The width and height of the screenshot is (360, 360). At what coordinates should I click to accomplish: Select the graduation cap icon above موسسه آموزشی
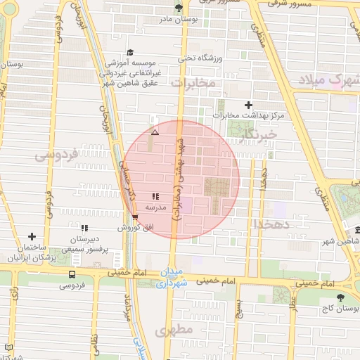tap(129, 53)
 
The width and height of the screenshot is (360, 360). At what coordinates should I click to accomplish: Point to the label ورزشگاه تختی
tap(199, 59)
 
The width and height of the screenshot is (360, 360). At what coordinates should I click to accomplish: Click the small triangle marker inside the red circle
tap(155, 131)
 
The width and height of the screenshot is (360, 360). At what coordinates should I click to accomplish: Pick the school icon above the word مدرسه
tap(155, 197)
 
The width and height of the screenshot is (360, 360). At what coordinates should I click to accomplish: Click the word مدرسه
tap(155, 208)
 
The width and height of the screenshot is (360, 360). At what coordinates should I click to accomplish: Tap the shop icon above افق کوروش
tap(134, 217)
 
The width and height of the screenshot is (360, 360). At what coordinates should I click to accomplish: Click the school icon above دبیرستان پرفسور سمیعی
tap(84, 228)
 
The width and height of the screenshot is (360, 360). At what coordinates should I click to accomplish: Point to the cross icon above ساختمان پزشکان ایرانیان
tap(31, 237)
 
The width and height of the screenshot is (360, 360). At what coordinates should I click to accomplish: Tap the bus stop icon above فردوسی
tap(72, 274)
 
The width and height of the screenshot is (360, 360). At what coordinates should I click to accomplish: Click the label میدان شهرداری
tap(169, 278)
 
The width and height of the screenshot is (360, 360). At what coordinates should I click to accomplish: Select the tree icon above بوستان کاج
tap(341, 298)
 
